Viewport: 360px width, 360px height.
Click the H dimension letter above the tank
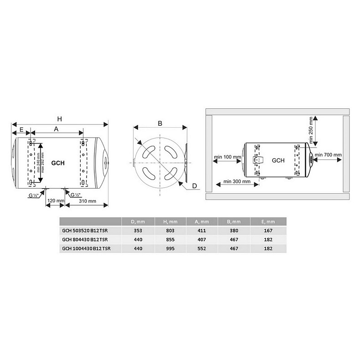[59, 119]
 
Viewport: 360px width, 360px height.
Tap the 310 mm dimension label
[87, 201]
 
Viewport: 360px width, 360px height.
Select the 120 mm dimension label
[56, 201]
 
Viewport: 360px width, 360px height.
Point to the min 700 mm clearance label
[328, 155]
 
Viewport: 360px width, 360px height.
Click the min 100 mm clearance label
[227, 157]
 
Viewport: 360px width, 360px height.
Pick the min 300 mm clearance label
[237, 181]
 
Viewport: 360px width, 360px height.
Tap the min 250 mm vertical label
[311, 130]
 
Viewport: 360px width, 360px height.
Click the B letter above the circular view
[160, 123]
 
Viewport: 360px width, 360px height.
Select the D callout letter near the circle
[195, 186]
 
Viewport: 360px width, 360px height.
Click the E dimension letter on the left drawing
[21, 130]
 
